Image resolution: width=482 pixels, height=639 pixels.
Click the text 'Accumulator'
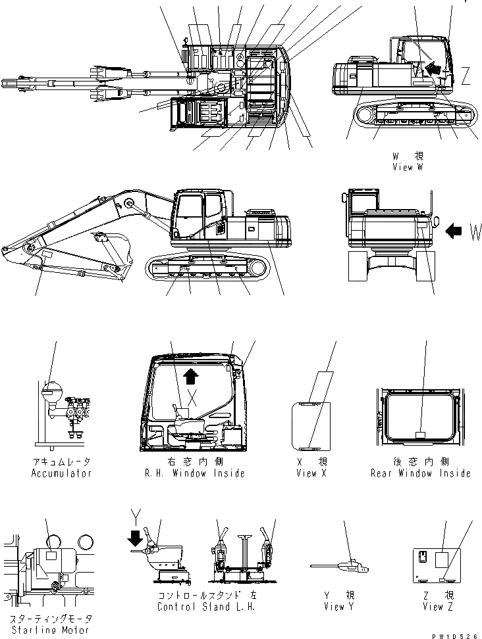pos(61,473)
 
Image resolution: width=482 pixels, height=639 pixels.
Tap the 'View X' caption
pos(307,473)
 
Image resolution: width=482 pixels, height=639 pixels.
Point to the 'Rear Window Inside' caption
pos(420,473)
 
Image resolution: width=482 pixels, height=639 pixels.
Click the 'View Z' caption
pos(433,607)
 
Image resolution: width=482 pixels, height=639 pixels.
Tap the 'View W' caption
pos(407,167)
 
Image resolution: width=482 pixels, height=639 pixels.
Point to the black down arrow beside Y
pos(135,538)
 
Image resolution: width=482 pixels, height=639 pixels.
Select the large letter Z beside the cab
pos(466,77)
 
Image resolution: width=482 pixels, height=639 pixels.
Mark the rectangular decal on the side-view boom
pos(47,254)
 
